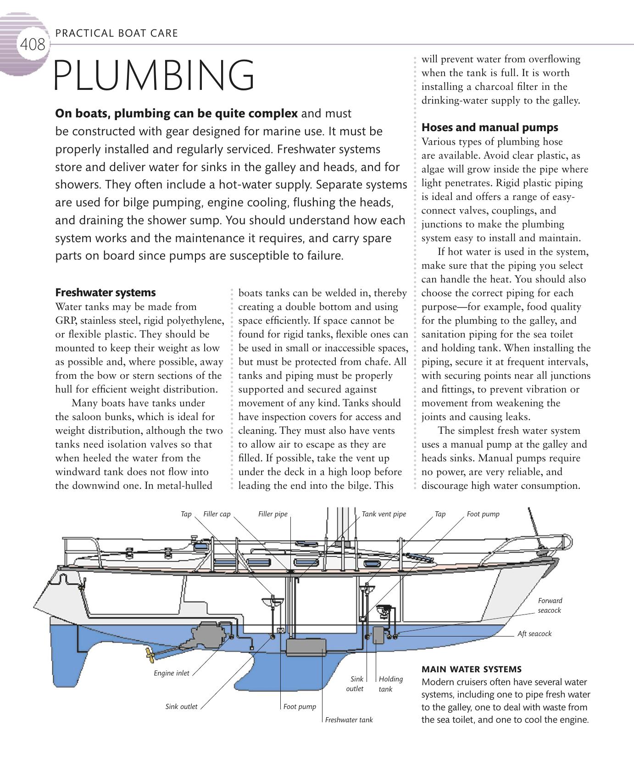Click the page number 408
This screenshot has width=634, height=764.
tap(33, 45)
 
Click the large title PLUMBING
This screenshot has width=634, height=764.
tap(154, 76)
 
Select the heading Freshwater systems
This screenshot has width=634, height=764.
tap(105, 293)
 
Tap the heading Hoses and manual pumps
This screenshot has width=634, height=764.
tap(489, 127)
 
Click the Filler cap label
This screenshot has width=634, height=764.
tap(217, 514)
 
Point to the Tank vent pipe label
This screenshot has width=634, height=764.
tap(384, 514)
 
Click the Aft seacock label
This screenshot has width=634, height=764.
tap(534, 634)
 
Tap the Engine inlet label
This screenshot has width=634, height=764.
tap(171, 673)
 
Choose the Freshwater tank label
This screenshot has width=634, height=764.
tap(349, 720)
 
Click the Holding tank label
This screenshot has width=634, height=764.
tap(390, 684)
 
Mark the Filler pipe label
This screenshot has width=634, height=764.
tap(273, 514)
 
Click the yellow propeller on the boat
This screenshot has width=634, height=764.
tap(149, 654)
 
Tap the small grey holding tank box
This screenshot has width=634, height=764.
tap(379, 635)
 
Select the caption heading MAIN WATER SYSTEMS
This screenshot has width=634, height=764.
tap(471, 669)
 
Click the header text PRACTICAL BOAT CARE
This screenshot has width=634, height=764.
tap(116, 33)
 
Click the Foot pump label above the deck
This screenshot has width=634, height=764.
tap(483, 514)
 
